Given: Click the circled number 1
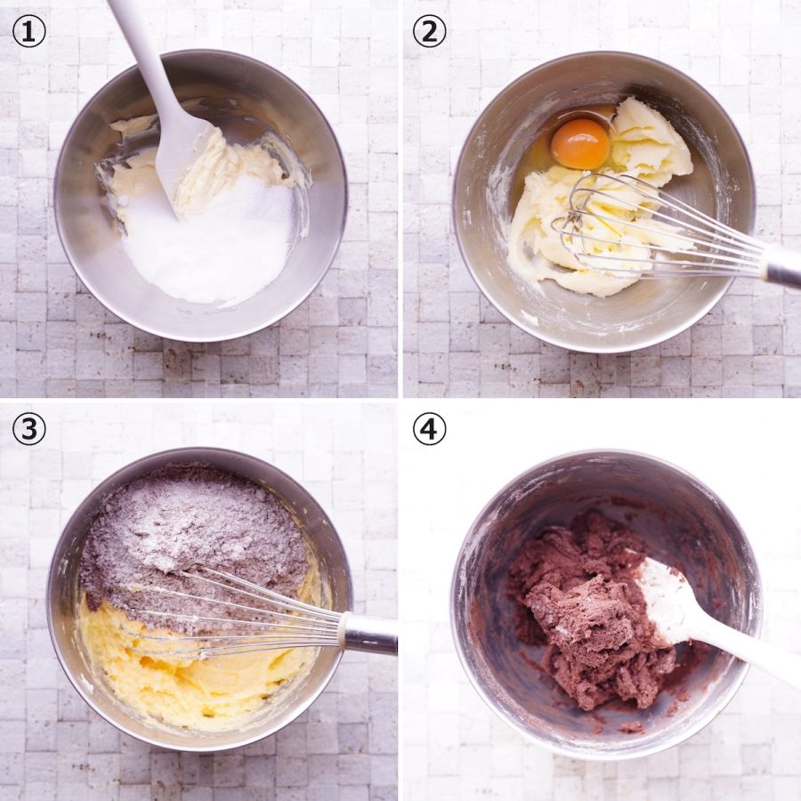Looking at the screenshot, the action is [x=28, y=32].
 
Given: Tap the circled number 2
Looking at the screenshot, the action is [x=429, y=32].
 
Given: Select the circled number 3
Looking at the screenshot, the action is [x=28, y=429].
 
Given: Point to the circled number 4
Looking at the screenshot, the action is [x=429, y=429].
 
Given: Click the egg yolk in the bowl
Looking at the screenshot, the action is [x=580, y=143].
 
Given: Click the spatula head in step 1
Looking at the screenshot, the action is [x=182, y=158].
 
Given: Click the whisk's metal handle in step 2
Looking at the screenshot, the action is [x=781, y=264].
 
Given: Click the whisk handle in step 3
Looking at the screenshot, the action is [x=368, y=634].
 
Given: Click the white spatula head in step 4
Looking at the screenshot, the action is [x=664, y=598].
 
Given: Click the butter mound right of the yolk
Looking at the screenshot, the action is [x=651, y=143].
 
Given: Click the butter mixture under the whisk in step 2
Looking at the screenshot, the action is [x=587, y=235].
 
